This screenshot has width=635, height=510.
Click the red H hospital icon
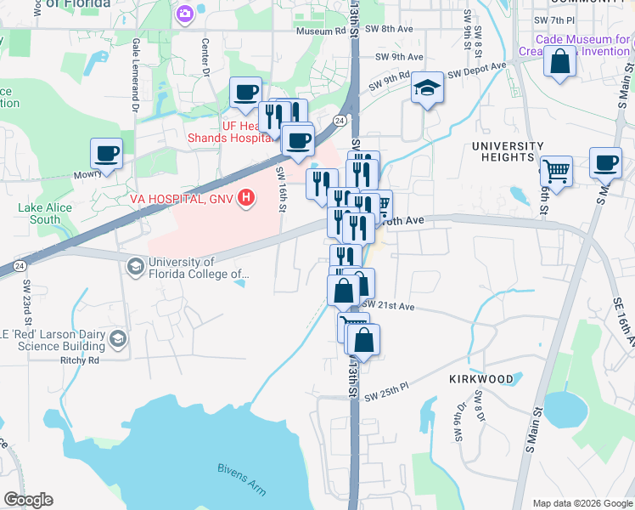pyautogui.click(x=246, y=199)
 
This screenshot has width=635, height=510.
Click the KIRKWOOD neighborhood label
pyautogui.click(x=480, y=378)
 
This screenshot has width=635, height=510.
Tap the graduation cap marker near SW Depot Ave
pyautogui.click(x=427, y=88)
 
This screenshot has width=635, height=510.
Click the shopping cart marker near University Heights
pyautogui.click(x=556, y=170)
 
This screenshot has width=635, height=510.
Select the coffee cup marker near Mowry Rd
pyautogui.click(x=107, y=154)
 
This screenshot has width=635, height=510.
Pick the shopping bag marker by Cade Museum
pyautogui.click(x=560, y=62)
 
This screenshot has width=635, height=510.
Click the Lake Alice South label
pyautogui.click(x=40, y=213)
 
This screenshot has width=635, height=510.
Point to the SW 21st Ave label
pyautogui.click(x=388, y=306)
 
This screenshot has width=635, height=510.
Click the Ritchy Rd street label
pyautogui.click(x=81, y=360)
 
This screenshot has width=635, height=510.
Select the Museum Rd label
pyautogui.click(x=321, y=31)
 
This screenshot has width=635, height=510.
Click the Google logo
pyautogui.click(x=28, y=500)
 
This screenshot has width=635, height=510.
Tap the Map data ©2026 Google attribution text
pyautogui.click(x=582, y=503)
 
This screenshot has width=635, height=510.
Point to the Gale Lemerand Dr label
pyautogui.click(x=135, y=76)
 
